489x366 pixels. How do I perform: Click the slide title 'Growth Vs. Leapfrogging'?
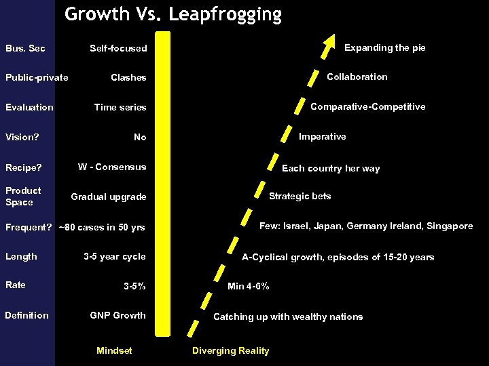[173, 15]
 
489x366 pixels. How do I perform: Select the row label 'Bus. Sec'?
[25, 48]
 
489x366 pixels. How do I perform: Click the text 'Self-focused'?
[118, 48]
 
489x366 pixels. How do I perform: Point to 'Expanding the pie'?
[384, 47]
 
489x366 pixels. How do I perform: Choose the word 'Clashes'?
[128, 77]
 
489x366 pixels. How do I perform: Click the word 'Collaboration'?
[357, 77]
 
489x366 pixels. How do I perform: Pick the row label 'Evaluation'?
[29, 107]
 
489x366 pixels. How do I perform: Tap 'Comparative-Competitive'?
[367, 106]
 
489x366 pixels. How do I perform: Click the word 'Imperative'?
[323, 136]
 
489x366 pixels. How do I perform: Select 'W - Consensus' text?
[112, 167]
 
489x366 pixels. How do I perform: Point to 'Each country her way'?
[331, 168]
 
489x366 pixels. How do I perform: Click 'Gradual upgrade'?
[109, 197]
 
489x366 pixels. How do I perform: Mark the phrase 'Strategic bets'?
[300, 196]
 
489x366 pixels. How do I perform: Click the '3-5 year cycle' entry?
[114, 256]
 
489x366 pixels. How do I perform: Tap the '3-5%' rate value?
[134, 286]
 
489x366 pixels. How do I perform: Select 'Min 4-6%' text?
[249, 286]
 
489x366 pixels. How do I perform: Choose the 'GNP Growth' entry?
[118, 315]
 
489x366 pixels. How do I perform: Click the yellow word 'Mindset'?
[114, 350]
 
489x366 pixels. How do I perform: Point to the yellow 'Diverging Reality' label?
[230, 350]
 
